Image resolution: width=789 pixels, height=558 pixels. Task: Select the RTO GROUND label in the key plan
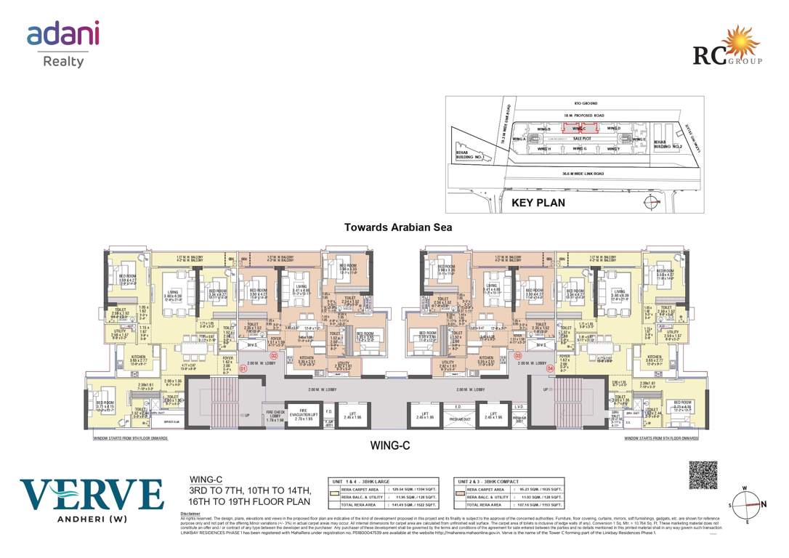575,105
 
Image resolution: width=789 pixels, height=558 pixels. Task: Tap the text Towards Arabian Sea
398,227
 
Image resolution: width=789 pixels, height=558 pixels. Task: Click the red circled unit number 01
243,368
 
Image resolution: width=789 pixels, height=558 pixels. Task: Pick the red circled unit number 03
518,356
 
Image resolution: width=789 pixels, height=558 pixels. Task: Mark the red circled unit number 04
550,368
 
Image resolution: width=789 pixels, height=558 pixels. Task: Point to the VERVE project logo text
92,495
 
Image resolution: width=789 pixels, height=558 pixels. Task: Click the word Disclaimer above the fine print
190,513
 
